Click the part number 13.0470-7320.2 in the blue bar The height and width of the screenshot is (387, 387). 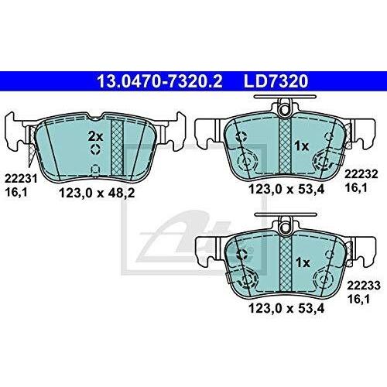[x=159, y=81]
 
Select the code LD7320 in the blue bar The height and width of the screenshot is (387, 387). [x=276, y=81]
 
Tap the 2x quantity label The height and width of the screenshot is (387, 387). [x=95, y=136]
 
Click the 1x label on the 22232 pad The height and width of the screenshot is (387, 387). [x=302, y=146]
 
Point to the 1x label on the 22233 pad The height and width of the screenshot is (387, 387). [x=303, y=263]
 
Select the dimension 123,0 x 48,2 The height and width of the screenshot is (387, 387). [x=97, y=193]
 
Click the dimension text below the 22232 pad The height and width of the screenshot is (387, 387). [x=286, y=190]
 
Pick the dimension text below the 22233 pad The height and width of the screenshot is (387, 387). [x=286, y=308]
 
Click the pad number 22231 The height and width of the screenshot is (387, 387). [x=21, y=179]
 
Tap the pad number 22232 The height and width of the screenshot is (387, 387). [x=361, y=174]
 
